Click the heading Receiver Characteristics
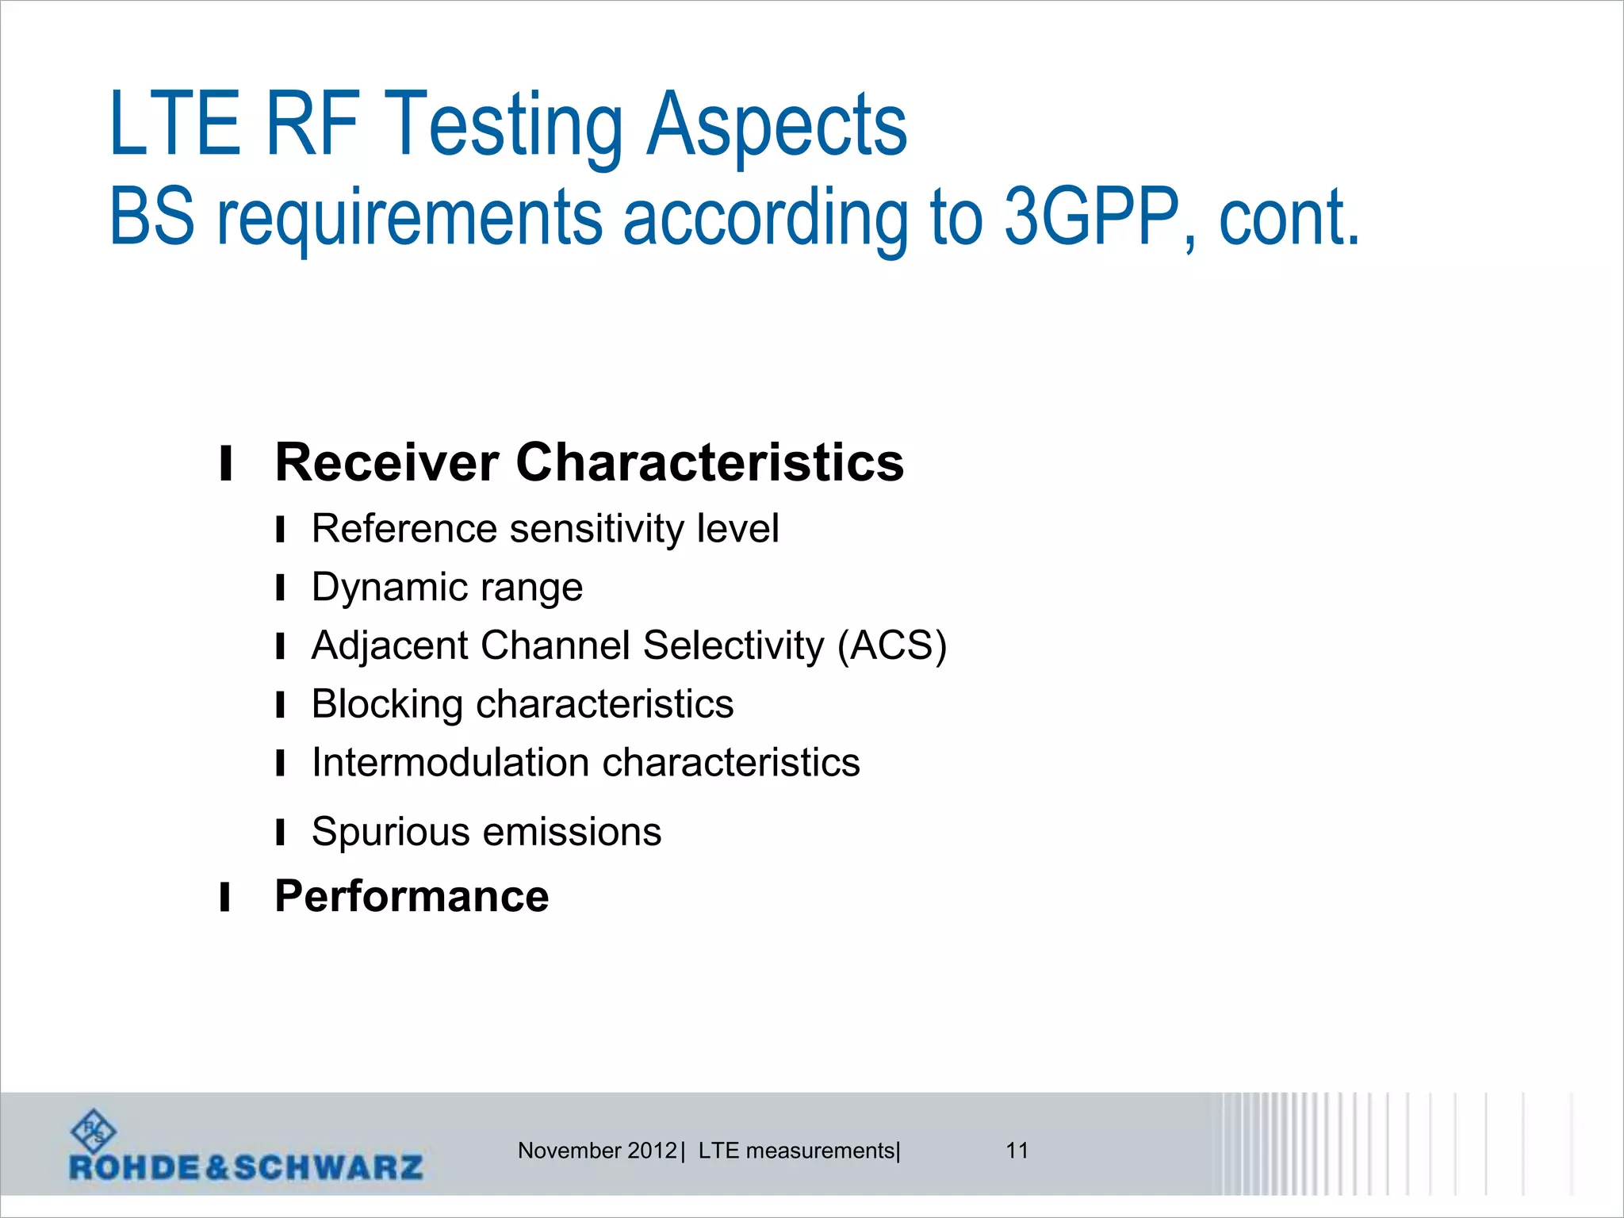[588, 462]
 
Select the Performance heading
[411, 897]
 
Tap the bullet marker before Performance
[225, 898]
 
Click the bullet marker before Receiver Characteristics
[226, 464]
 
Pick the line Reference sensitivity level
[545, 529]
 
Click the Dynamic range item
[446, 588]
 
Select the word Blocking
[387, 704]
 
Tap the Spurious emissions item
[486, 832]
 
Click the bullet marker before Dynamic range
[280, 588]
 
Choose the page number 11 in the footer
[1017, 1151]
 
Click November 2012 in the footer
[596, 1151]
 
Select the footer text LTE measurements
[796, 1151]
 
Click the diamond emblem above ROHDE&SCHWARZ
[94, 1131]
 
